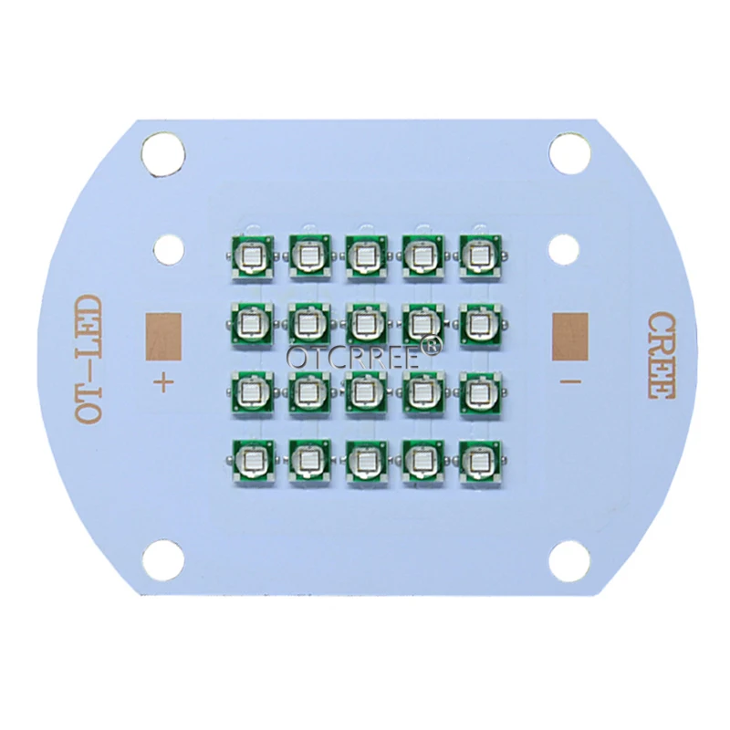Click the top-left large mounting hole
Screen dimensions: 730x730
pos(163,154)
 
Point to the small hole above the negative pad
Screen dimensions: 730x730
pos(563,250)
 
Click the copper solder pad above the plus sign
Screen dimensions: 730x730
pos(163,336)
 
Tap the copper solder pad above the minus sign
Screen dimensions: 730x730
pos(569,336)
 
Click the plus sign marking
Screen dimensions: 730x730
pos(163,384)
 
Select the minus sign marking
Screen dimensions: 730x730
pos(569,381)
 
